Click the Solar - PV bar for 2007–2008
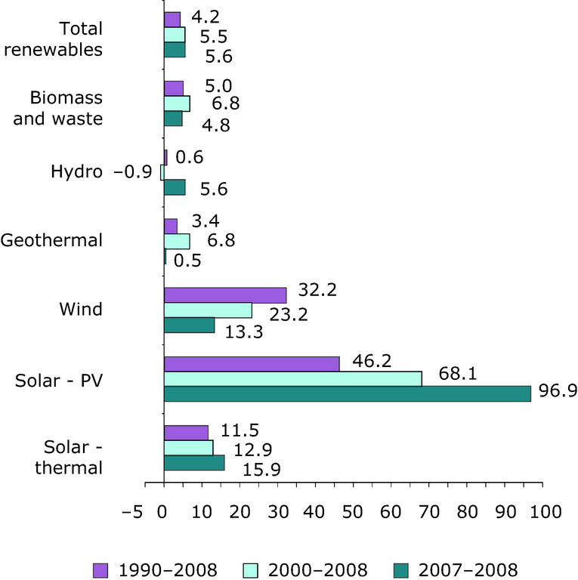(348, 393)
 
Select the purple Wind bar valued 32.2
(225, 295)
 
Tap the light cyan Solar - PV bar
(293, 378)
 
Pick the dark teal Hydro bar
(175, 187)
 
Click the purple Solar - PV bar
(252, 363)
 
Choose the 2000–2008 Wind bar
(208, 310)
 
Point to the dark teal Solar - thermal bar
(194, 462)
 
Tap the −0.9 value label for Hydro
(132, 172)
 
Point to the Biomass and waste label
(66, 108)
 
